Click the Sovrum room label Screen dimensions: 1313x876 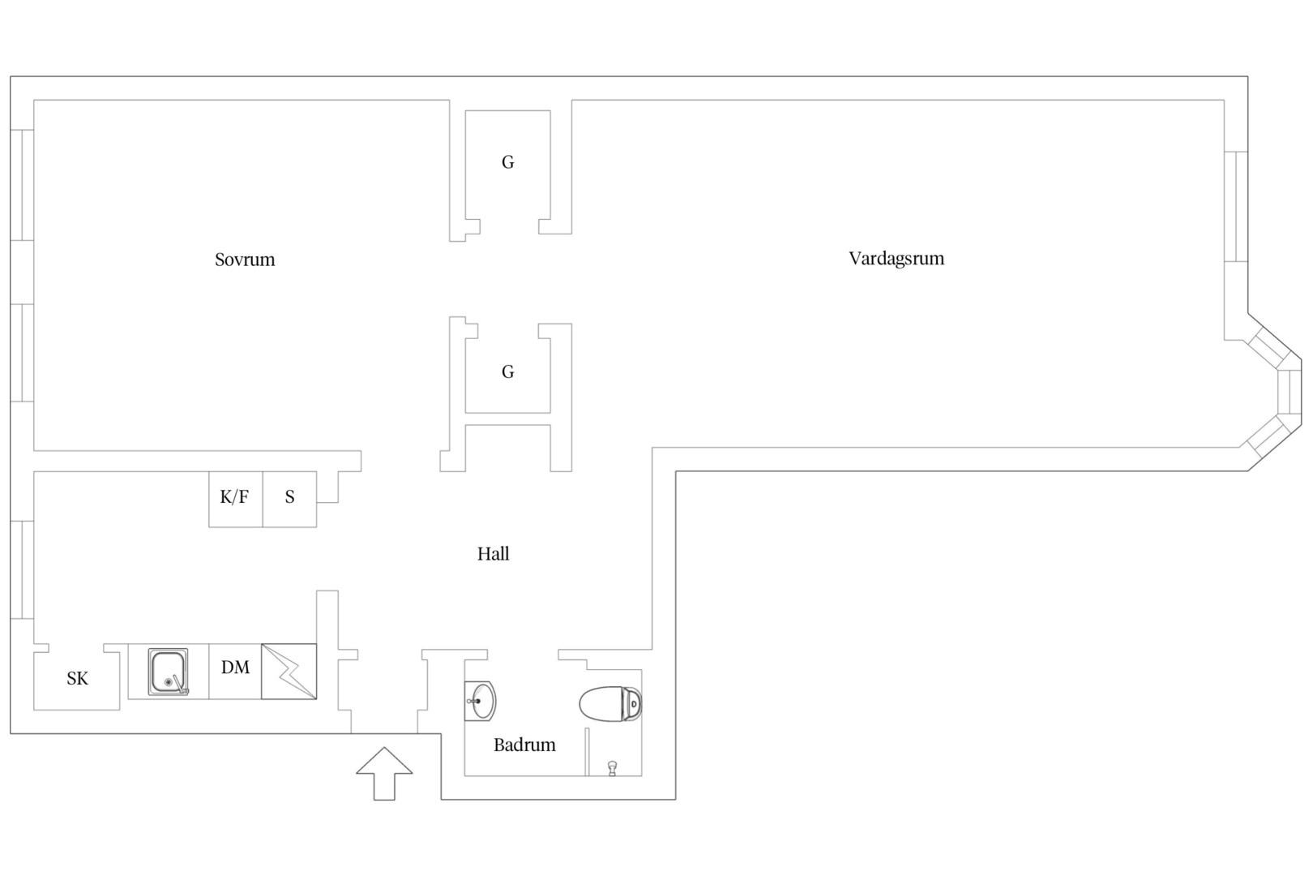coord(245,260)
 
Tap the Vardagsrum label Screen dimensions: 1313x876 coord(896,258)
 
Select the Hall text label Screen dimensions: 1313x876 coord(493,553)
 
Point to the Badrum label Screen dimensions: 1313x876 coord(524,745)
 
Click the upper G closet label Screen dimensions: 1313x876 coord(507,162)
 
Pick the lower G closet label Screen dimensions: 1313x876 coord(507,371)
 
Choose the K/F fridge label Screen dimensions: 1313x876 coord(234,497)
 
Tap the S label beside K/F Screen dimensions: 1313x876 coord(289,497)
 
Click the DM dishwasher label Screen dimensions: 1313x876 coord(235,667)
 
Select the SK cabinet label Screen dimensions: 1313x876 coord(77,678)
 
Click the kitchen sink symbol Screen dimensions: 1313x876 coord(169,672)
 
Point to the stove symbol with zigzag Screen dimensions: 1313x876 coord(289,672)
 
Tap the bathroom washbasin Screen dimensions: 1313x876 coord(480,701)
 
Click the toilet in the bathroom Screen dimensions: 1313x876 coord(610,703)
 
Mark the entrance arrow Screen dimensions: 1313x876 coord(384,773)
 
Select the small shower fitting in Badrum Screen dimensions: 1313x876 coord(613,768)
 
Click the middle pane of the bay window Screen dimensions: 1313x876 coord(1289,392)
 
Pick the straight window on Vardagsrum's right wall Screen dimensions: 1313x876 coord(1236,207)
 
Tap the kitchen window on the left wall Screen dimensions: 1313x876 coord(22,569)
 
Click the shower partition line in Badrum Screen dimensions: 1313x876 coord(587,752)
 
